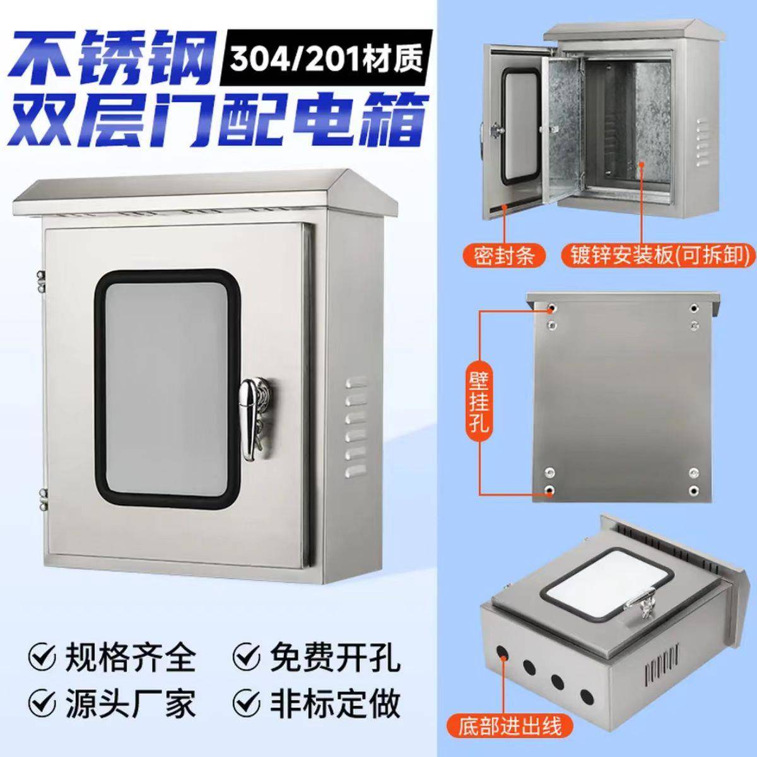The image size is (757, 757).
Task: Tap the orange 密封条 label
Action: pos(504,255)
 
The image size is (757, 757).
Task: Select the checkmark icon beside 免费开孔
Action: pos(247,657)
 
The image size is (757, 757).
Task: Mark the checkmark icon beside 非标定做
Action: pos(247,702)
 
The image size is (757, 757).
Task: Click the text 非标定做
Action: pos(334,702)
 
